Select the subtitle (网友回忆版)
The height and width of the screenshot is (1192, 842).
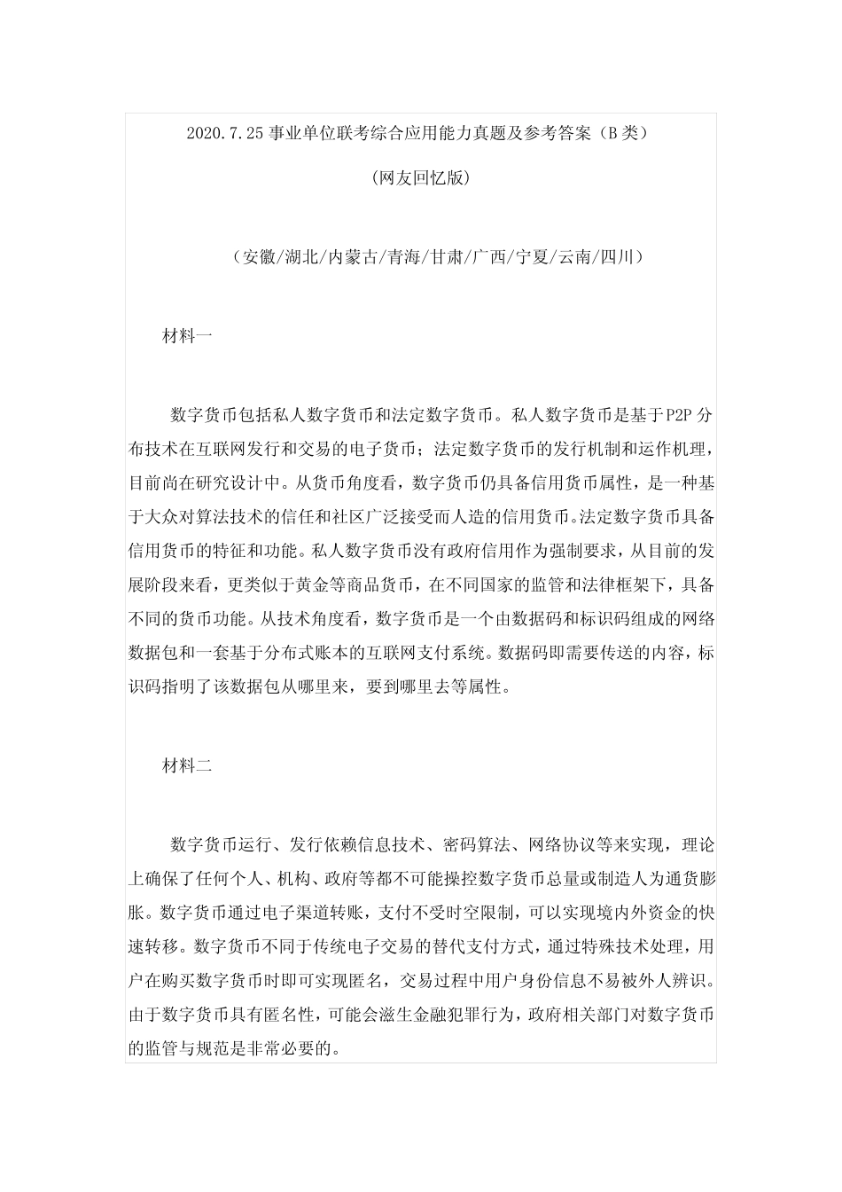[x=420, y=178]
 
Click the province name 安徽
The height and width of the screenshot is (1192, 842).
[x=258, y=258]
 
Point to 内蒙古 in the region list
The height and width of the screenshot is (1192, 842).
[x=353, y=258]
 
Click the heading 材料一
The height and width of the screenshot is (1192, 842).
[x=187, y=337]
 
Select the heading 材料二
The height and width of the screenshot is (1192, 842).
[x=187, y=765]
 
